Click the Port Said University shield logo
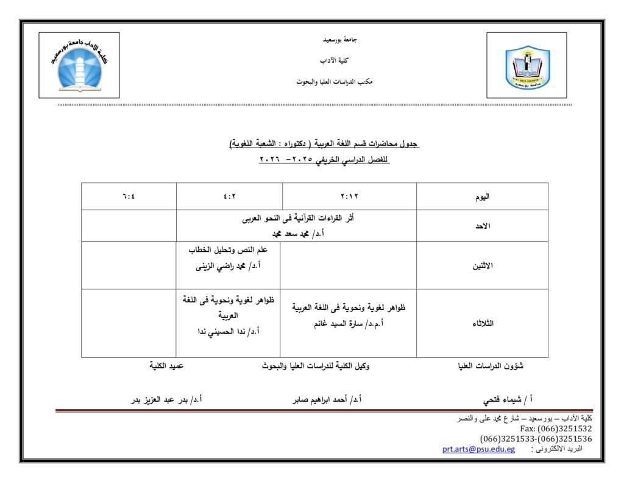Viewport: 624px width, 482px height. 527,66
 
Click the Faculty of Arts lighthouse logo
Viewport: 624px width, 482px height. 79,66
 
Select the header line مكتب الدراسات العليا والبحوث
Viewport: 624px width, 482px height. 335,82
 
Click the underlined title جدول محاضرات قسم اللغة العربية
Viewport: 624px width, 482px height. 324,144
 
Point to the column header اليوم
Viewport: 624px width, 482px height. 482,197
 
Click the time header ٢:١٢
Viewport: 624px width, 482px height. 349,197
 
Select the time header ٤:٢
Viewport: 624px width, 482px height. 229,197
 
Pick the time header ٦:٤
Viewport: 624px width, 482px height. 129,197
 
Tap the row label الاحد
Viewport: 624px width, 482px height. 482,226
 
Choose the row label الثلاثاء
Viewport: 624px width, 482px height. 482,324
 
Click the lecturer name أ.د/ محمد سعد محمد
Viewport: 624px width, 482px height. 296,233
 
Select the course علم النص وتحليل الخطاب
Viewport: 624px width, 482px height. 229,250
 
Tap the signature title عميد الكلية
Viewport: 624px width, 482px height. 166,366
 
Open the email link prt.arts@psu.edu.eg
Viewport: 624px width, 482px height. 478,450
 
